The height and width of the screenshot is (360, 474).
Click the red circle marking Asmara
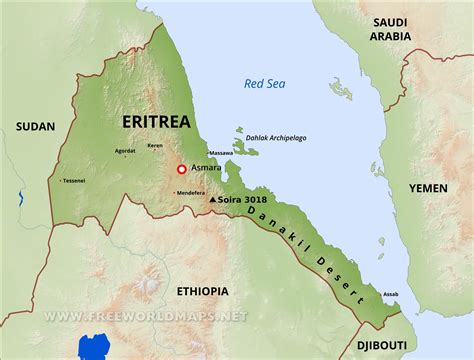tap(181, 170)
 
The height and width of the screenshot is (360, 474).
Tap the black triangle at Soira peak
tap(211, 200)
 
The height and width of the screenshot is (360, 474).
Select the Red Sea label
tap(264, 84)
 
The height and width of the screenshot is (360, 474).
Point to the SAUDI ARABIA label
tap(391, 28)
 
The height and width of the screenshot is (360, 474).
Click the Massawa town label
tap(221, 153)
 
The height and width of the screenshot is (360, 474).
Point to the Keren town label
tap(155, 146)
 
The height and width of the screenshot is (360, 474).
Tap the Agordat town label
tap(124, 152)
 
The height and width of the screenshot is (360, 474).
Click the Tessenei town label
tap(74, 181)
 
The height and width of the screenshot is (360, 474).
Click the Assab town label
tap(391, 294)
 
